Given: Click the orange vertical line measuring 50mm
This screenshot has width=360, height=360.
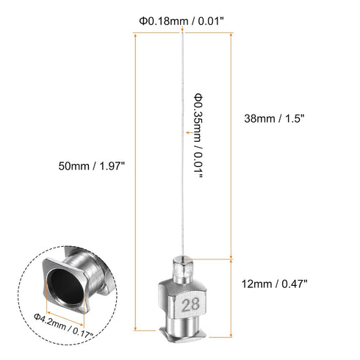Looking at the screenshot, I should tap(136, 184).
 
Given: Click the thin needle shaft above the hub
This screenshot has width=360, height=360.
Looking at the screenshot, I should tap(182, 184).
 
